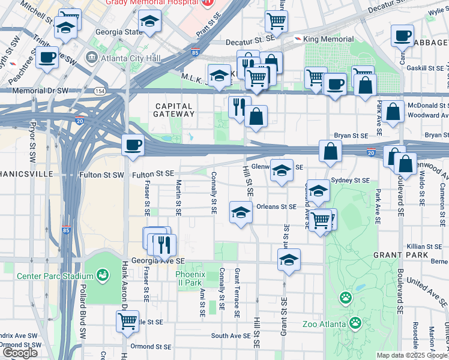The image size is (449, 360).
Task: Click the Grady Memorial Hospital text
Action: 152,3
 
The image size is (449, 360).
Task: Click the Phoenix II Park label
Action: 190,278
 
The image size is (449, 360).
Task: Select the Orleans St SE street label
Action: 276,206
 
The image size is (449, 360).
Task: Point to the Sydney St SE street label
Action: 350,180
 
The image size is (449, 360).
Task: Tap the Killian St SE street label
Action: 424,247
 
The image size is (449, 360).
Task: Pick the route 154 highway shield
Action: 99,91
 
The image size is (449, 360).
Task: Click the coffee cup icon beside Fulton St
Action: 133,145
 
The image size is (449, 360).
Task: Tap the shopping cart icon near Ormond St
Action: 128,322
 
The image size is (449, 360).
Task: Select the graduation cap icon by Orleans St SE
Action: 241,212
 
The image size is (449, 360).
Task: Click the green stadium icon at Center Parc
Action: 103,275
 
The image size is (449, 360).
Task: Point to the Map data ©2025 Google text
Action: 412,355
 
